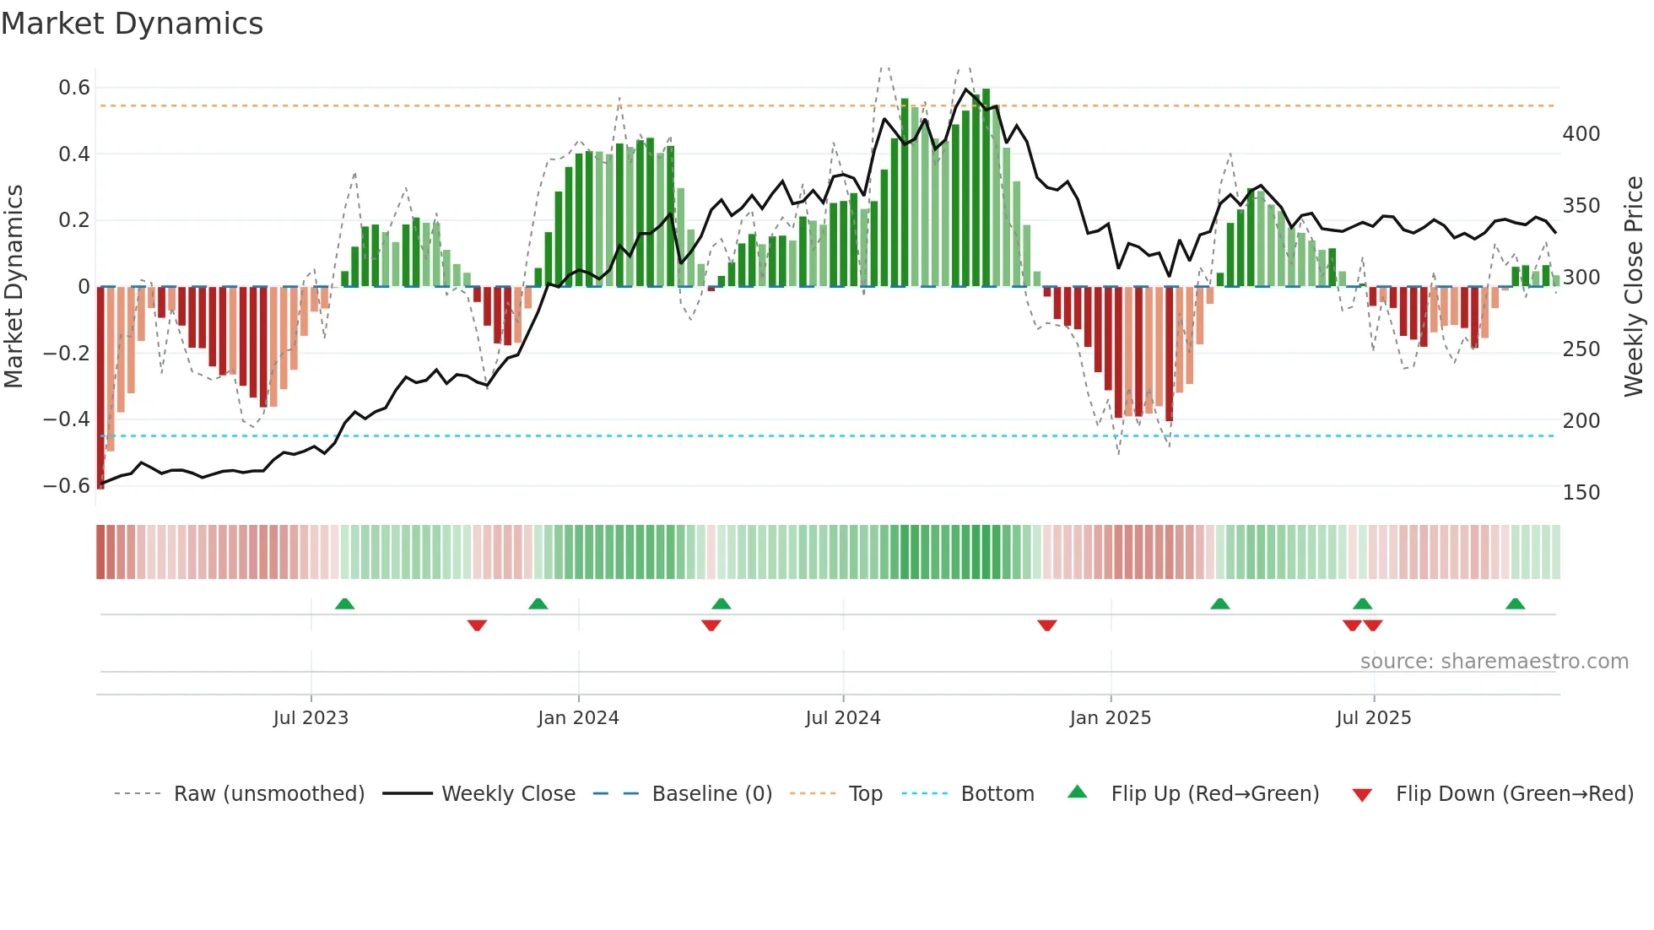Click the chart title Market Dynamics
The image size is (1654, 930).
(132, 24)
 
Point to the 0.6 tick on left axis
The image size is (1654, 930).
(74, 88)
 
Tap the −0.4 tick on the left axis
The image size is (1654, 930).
(67, 419)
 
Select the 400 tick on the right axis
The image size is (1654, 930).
(1581, 134)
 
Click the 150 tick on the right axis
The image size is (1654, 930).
(1581, 493)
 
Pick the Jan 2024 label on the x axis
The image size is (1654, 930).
(578, 718)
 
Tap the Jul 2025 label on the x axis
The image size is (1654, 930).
(1373, 718)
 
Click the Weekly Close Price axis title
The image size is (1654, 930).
(1634, 287)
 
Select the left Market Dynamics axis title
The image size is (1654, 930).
(14, 287)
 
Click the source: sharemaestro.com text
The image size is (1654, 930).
(1494, 662)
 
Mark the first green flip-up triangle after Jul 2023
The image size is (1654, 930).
(344, 604)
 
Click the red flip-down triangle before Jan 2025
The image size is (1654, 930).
(1047, 625)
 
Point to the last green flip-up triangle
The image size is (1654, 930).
(1515, 604)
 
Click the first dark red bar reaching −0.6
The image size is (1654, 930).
(100, 388)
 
